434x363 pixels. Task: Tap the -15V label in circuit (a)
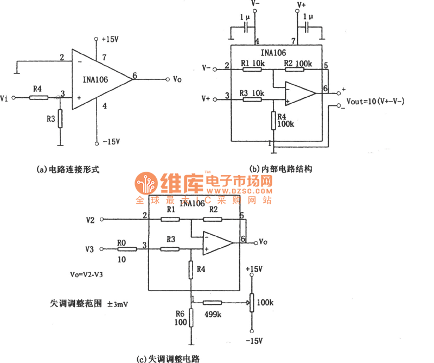[x=111, y=142]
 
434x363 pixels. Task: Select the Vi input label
[x=4, y=98]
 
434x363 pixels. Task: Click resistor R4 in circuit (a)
[x=38, y=98]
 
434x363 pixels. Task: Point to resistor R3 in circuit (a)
[x=60, y=117]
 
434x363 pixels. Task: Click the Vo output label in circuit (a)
[x=177, y=79]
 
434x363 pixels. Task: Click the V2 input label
[x=90, y=220]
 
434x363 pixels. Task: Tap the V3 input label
[x=90, y=249]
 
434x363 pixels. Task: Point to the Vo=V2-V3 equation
[x=87, y=275]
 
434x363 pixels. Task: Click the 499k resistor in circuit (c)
[x=212, y=302]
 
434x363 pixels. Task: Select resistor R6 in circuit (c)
[x=192, y=320]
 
